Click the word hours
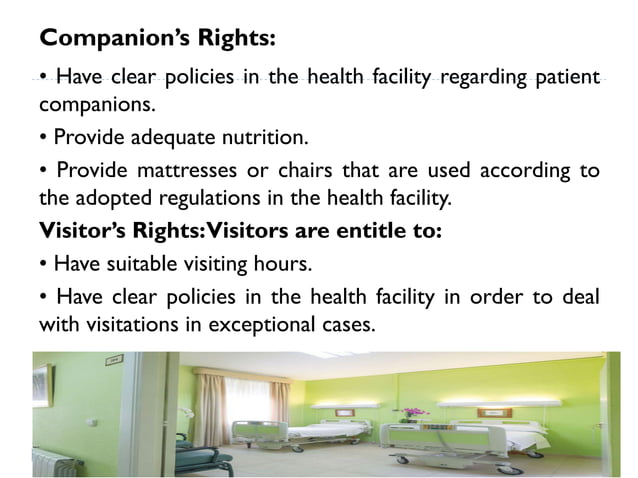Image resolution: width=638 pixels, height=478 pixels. click(284, 264)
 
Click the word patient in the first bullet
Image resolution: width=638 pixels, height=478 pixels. click(563, 77)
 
